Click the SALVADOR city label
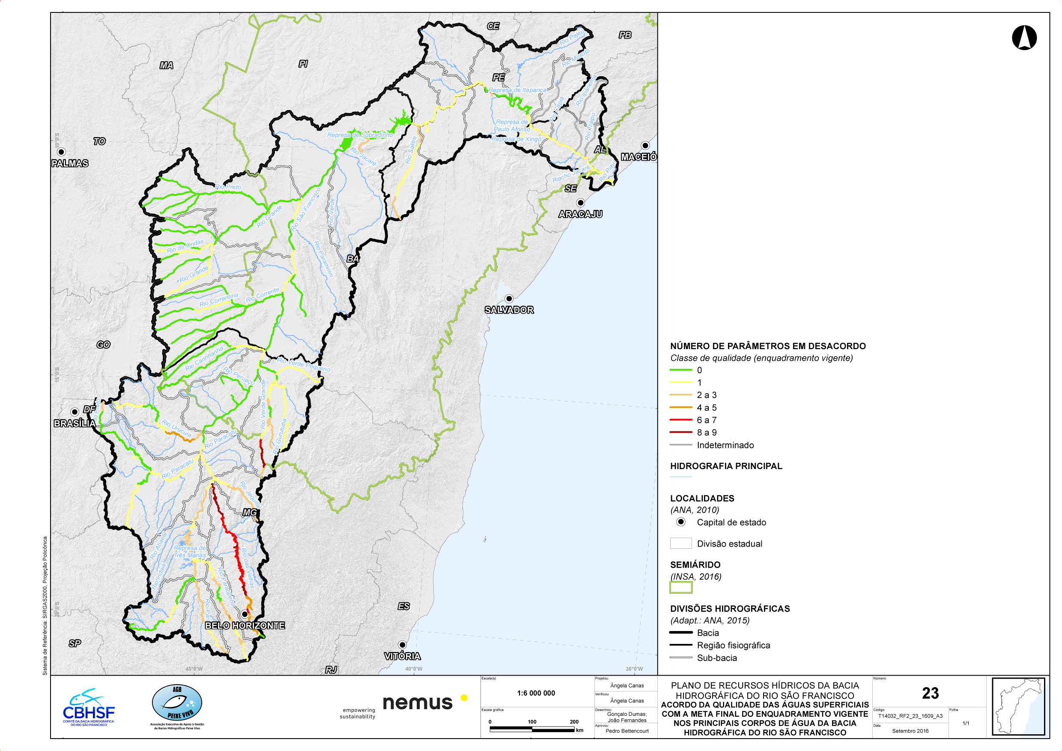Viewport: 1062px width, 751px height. (509, 310)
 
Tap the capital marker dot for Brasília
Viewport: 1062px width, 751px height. (75, 411)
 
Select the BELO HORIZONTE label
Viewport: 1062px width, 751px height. (245, 625)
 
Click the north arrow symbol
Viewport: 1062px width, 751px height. (1024, 37)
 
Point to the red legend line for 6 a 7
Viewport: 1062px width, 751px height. (680, 420)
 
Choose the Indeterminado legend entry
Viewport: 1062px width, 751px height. (725, 445)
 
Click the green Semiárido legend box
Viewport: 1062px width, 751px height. (681, 587)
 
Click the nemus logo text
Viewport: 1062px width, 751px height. (417, 703)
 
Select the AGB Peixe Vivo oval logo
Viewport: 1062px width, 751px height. (177, 703)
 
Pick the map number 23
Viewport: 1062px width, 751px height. (930, 693)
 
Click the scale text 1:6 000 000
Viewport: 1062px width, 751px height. (536, 693)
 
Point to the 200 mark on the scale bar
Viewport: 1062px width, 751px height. (573, 721)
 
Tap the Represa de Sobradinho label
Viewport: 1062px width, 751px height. (359, 135)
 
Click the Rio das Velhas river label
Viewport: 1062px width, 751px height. (248, 568)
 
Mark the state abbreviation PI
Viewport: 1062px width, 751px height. (303, 63)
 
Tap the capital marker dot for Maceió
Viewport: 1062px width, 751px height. (645, 145)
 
